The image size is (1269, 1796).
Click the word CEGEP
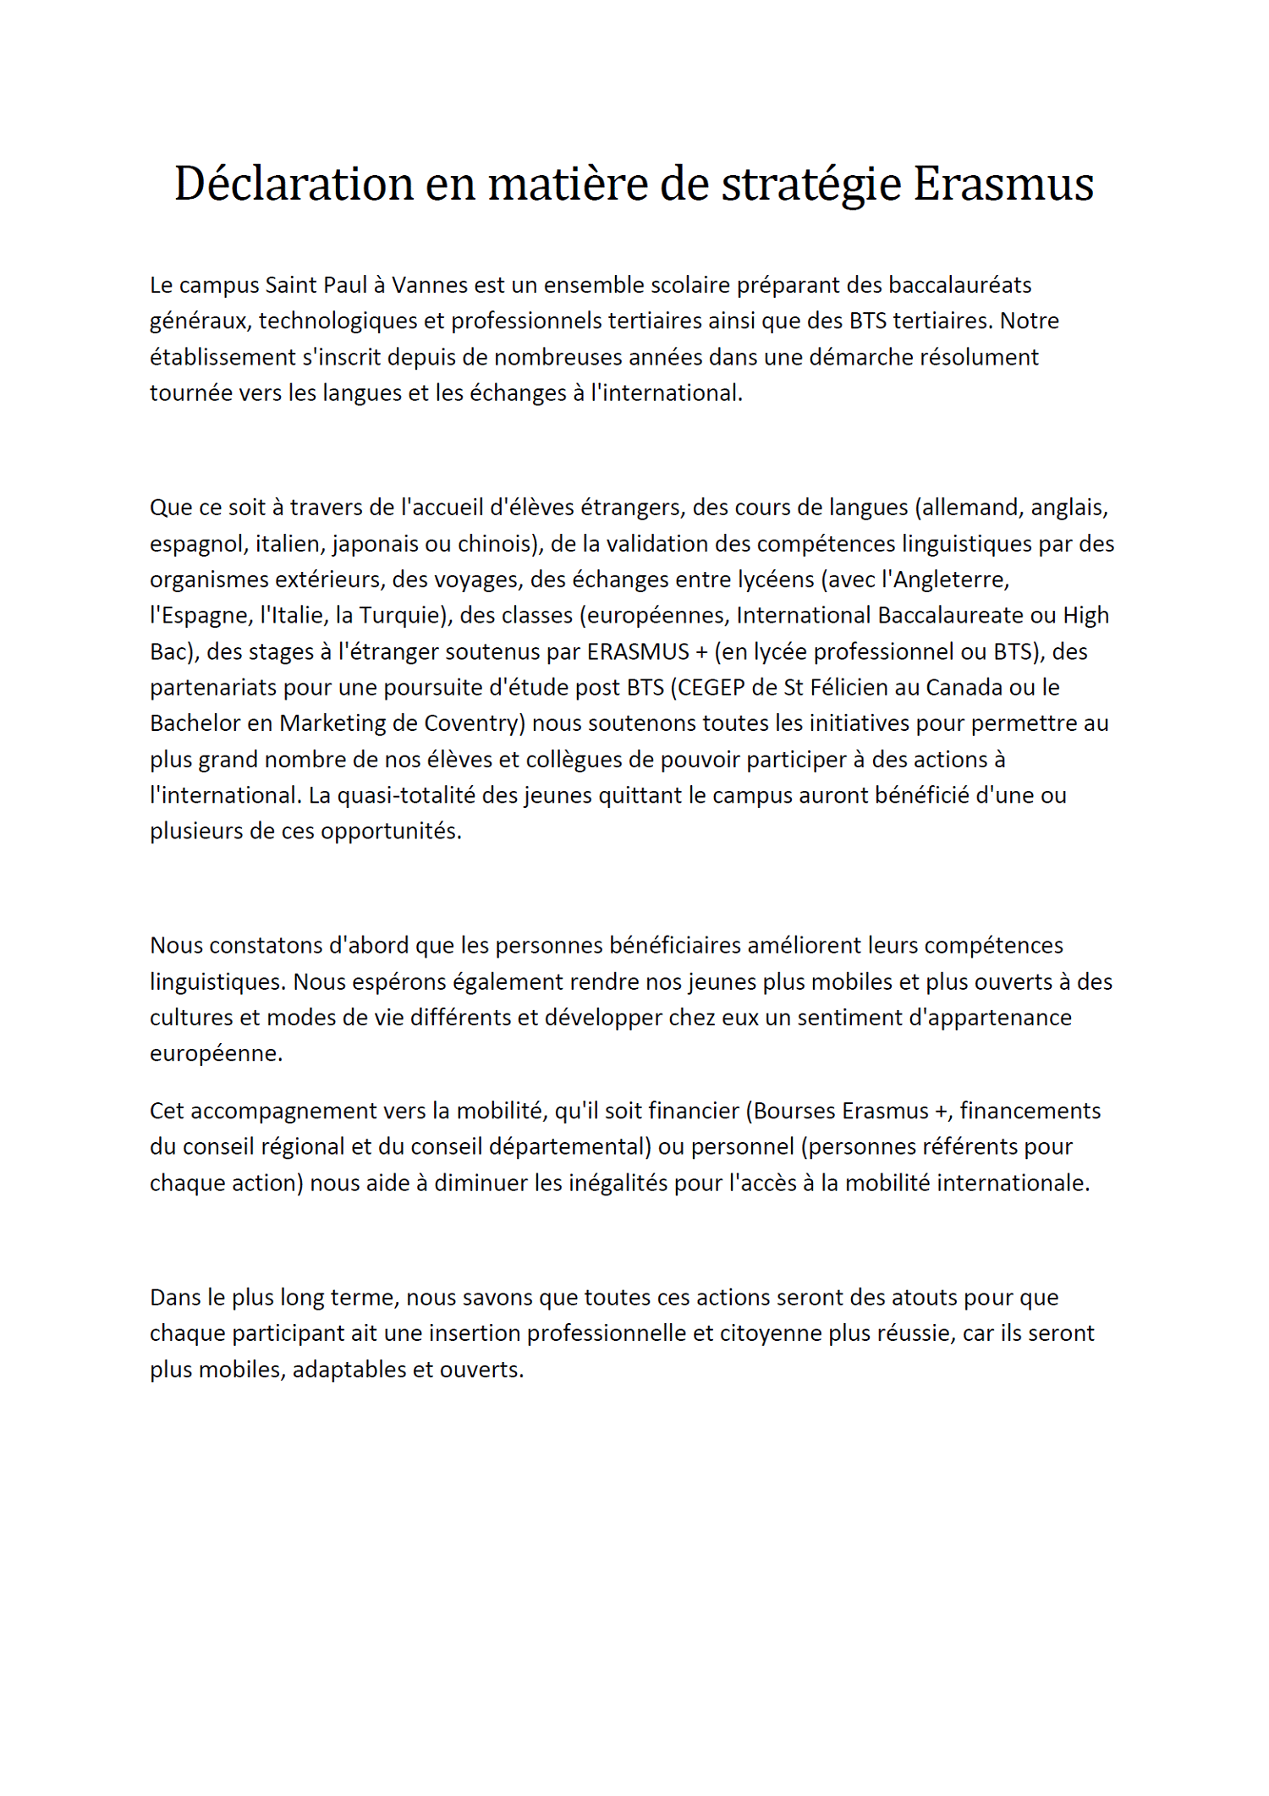point(711,687)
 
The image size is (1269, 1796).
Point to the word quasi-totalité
point(405,795)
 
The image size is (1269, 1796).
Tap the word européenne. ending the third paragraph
point(216,1053)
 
